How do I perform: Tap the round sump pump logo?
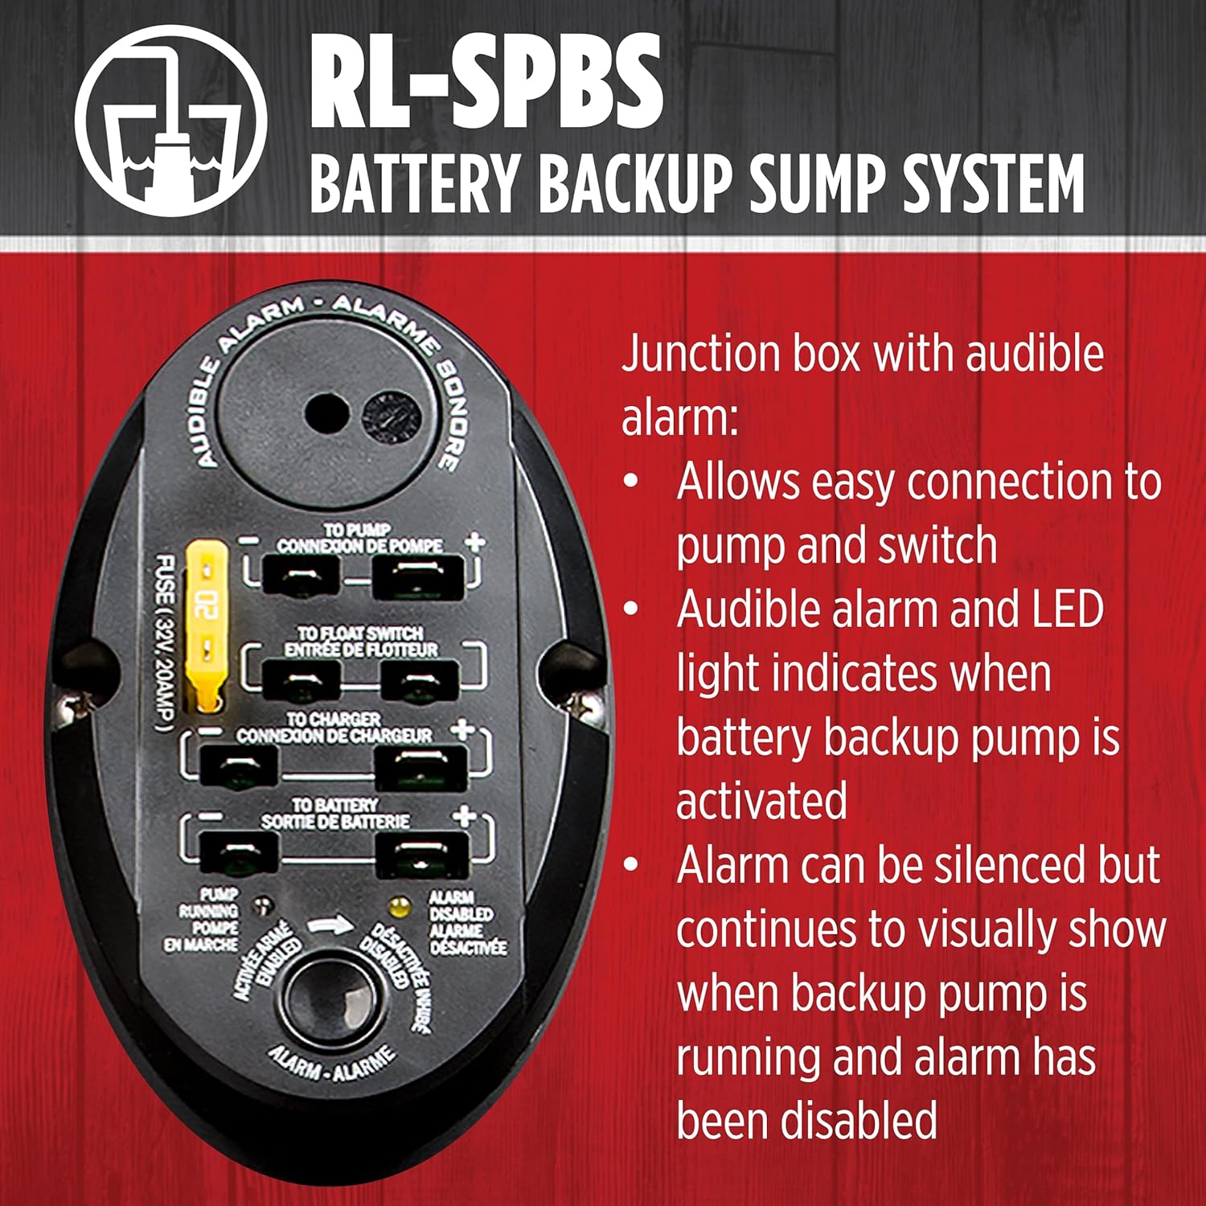tap(170, 121)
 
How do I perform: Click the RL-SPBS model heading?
tap(486, 80)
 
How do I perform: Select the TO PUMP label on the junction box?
tap(358, 531)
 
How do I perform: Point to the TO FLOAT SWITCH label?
tap(360, 634)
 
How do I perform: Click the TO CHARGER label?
tap(334, 720)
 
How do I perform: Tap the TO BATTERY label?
tap(334, 805)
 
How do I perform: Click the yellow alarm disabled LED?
tap(396, 907)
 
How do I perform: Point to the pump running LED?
tap(260, 905)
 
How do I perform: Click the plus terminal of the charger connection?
tap(421, 768)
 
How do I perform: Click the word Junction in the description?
tap(699, 354)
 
